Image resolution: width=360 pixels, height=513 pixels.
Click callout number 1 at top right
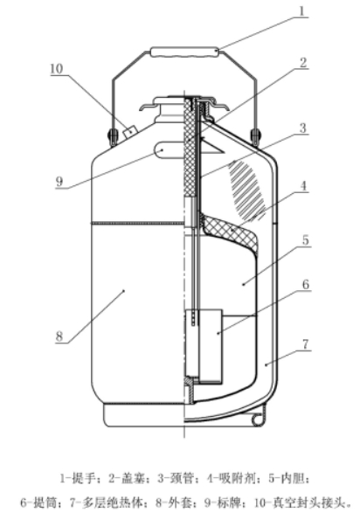point(301,10)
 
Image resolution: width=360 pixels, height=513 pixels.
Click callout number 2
point(303,63)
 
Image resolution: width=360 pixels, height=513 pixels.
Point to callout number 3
point(303,128)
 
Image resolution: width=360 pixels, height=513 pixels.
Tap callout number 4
point(304,186)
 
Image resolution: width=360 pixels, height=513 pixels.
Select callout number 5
point(306,239)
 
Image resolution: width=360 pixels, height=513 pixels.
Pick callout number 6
point(306,284)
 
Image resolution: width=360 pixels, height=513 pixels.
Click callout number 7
point(306,344)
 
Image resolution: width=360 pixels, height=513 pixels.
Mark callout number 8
point(59,336)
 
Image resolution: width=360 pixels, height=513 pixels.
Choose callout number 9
point(59,181)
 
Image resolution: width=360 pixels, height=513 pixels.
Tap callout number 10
point(56,69)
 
